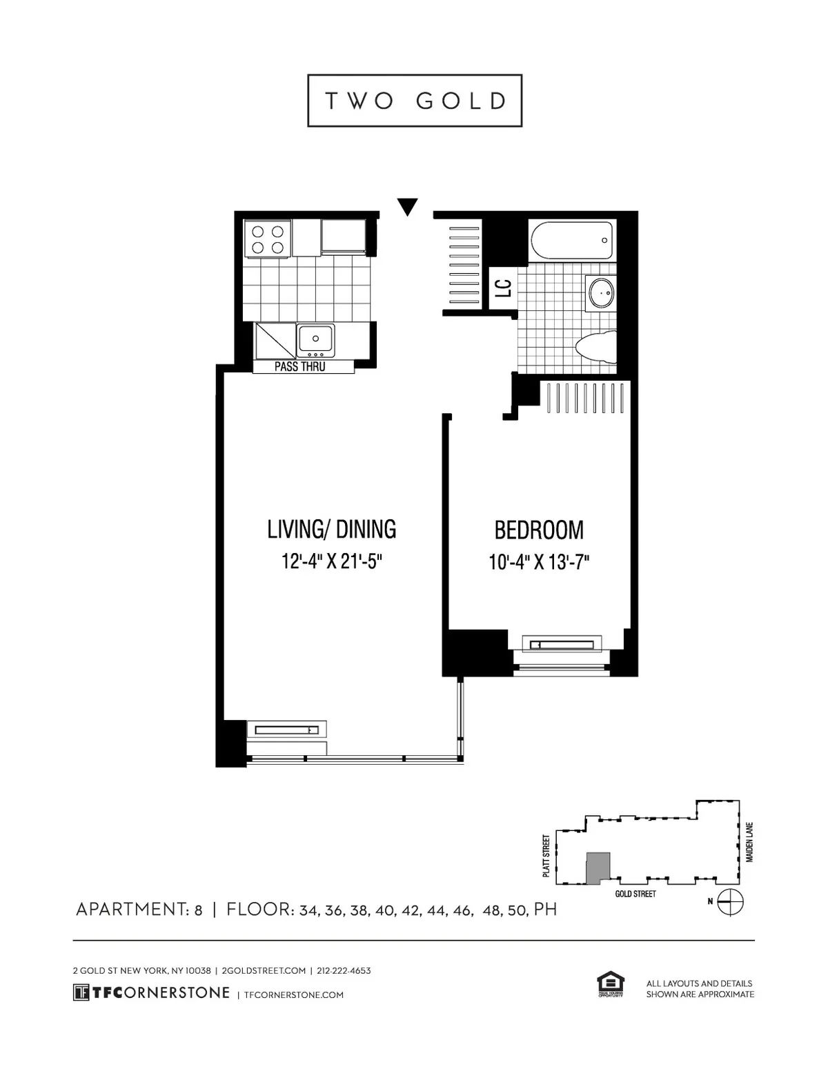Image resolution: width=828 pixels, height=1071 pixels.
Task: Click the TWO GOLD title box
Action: (x=415, y=101)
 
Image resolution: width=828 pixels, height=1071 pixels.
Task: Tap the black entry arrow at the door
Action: (x=408, y=206)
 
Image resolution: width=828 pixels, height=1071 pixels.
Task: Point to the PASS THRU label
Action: (x=300, y=367)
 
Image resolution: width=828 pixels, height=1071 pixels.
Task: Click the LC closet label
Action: (x=504, y=288)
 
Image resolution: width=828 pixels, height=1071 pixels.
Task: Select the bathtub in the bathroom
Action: (x=571, y=241)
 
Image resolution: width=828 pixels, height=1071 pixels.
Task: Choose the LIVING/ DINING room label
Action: (x=332, y=529)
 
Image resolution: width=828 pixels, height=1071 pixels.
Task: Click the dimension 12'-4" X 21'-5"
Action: (x=332, y=561)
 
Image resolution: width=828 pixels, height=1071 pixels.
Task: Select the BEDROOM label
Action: (x=539, y=530)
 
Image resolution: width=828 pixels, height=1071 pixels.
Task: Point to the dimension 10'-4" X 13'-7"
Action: (x=539, y=563)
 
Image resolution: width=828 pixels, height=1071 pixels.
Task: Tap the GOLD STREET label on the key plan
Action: (x=635, y=894)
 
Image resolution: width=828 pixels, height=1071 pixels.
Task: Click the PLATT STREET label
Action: (x=546, y=856)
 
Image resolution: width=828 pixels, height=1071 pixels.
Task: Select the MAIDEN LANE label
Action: (x=750, y=841)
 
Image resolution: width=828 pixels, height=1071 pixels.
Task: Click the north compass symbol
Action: (x=731, y=901)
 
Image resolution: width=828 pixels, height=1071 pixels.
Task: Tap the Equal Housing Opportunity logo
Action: (x=610, y=985)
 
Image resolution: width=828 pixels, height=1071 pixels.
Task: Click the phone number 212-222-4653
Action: (x=344, y=970)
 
